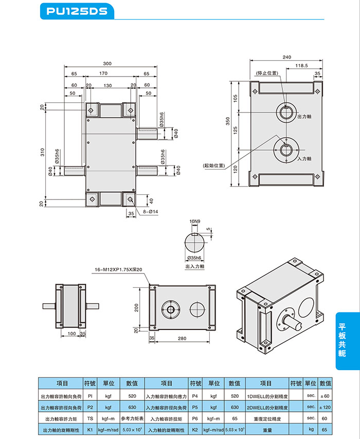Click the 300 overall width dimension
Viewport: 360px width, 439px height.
tap(107, 64)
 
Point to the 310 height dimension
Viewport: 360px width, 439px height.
tap(43, 152)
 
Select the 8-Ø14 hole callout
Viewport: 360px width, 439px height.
tap(151, 212)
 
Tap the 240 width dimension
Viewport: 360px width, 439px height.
tap(287, 57)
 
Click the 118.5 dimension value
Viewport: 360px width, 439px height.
tap(302, 66)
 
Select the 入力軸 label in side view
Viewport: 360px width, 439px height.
tap(304, 159)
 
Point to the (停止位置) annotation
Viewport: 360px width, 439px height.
tap(267, 73)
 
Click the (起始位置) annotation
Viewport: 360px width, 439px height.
tap(214, 166)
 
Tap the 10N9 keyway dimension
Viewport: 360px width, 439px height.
tap(195, 221)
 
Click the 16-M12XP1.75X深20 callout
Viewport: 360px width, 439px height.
tap(118, 269)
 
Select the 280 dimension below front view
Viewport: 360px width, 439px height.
tap(182, 338)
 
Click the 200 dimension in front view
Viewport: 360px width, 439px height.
tap(137, 307)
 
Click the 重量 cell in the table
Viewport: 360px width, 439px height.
tap(267, 429)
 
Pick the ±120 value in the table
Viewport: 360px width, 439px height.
tap(325, 407)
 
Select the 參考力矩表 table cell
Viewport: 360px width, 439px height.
tap(132, 418)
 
